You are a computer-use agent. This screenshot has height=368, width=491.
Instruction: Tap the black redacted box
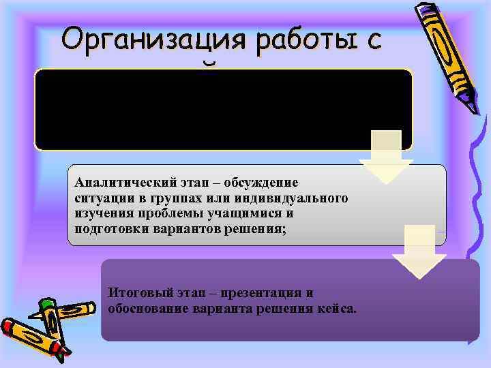[223, 110]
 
